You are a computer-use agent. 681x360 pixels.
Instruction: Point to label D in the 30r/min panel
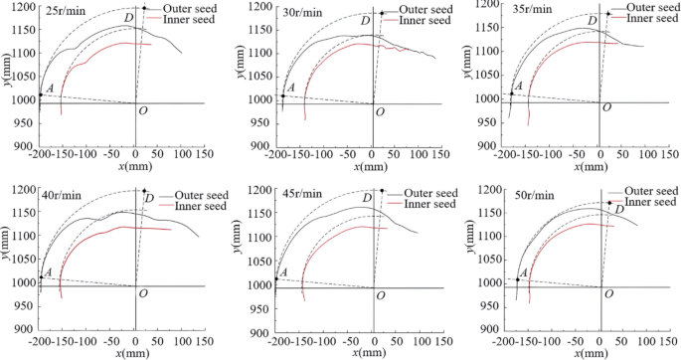pos(365,20)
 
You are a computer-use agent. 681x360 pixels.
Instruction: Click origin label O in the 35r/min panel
pos(606,110)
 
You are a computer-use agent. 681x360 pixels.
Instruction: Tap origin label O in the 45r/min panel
pos(379,293)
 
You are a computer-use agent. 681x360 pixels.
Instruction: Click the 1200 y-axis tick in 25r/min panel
pos(23,8)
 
